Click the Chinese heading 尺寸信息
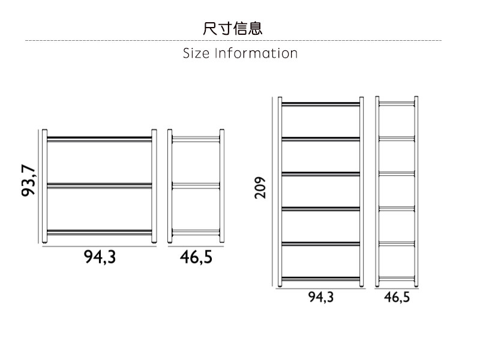coord(232,28)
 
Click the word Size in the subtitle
coord(196,53)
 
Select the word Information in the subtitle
coord(256,53)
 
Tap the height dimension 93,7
coord(28,181)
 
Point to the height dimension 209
coord(260,188)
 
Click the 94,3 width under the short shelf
coord(100,257)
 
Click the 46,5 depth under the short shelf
coord(196,257)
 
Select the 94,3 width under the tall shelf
coord(321,297)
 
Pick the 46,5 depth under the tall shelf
coord(397,297)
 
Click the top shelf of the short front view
coord(100,139)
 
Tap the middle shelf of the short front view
coord(100,185)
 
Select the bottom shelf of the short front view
coord(100,232)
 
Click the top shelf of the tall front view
coord(320,104)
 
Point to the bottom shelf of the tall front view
coord(320,279)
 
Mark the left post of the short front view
coord(44,186)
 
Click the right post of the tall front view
coord(362,191)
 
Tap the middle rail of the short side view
coord(196,185)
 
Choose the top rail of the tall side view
coord(397,104)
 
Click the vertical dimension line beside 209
coord(272,192)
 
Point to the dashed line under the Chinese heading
coord(233,40)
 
